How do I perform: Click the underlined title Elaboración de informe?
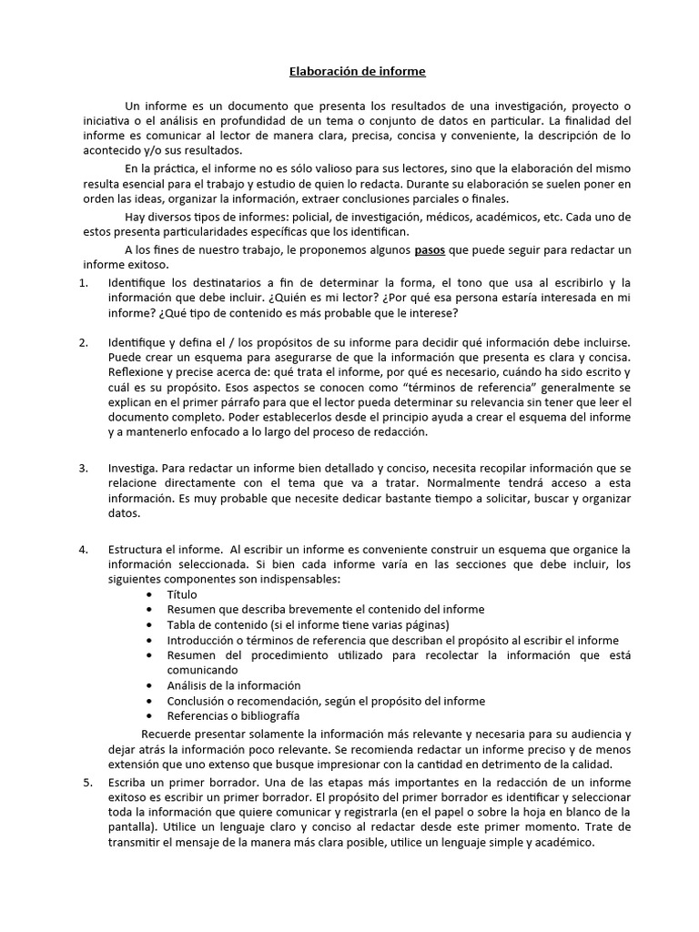pos(350,70)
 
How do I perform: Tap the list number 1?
pos(84,282)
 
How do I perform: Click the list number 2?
pos(84,342)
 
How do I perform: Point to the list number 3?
pos(84,468)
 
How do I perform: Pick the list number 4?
pos(84,550)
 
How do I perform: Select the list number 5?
pos(87,782)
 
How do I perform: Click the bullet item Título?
pos(181,593)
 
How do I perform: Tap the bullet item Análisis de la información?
pos(233,684)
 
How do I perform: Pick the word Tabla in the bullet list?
pos(182,624)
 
